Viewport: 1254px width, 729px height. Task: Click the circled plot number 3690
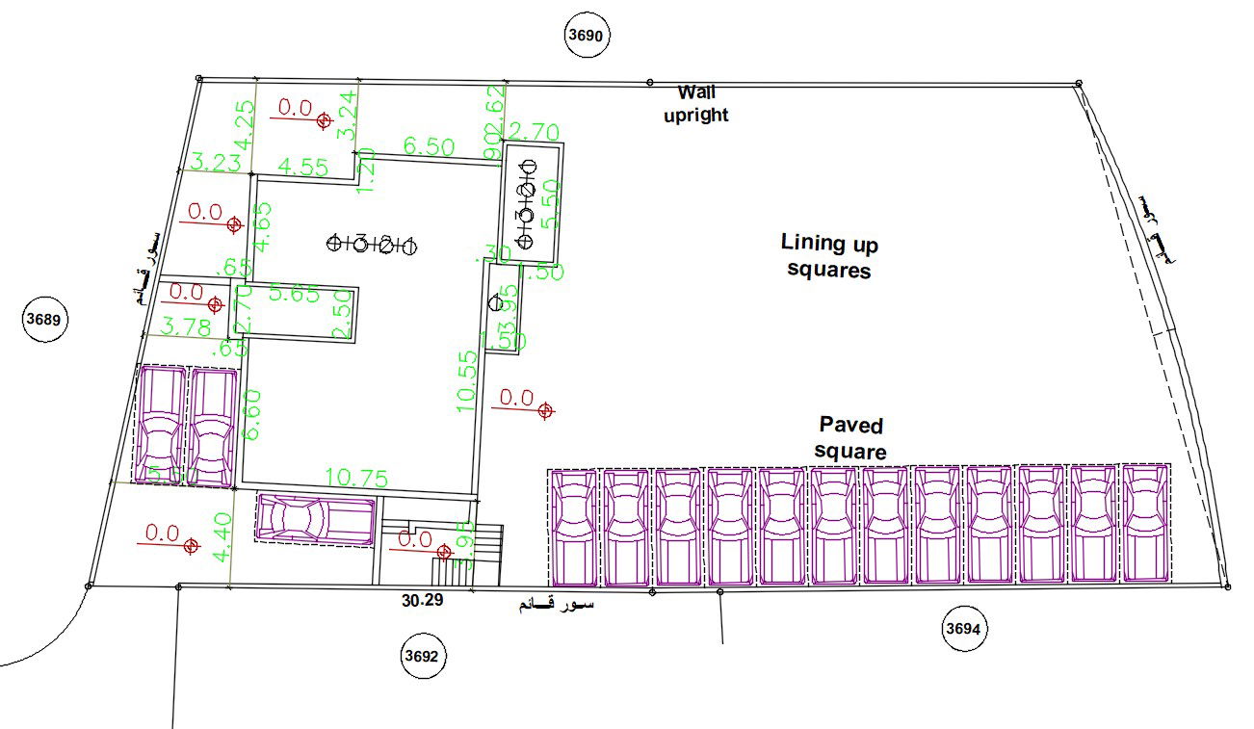pyautogui.click(x=587, y=36)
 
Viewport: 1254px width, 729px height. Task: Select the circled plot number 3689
pyautogui.click(x=45, y=321)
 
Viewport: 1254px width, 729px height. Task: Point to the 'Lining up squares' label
pyautogui.click(x=829, y=255)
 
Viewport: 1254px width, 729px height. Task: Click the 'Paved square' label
pyautogui.click(x=850, y=437)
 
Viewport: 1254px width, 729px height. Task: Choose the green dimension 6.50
pyautogui.click(x=429, y=147)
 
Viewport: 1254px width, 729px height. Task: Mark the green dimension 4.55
pyautogui.click(x=301, y=167)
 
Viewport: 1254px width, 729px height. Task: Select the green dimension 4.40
pyautogui.click(x=222, y=538)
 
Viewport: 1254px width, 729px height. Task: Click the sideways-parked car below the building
pyautogui.click(x=315, y=519)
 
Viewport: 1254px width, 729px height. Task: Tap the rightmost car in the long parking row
pyautogui.click(x=1145, y=524)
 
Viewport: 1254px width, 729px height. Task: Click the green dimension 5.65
pyautogui.click(x=294, y=295)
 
